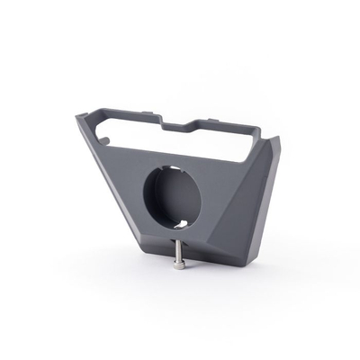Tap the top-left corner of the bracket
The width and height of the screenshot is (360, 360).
(81, 114)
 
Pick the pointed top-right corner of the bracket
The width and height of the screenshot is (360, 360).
(278, 139)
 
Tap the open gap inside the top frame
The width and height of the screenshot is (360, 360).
(180, 139)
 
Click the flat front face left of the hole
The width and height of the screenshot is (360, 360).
(126, 180)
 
